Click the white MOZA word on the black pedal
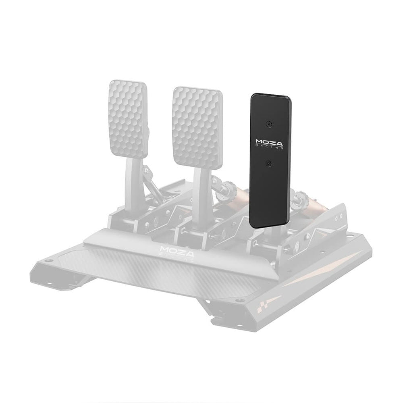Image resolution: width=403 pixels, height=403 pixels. point(269,142)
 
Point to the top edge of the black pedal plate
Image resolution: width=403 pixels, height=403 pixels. point(271,96)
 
